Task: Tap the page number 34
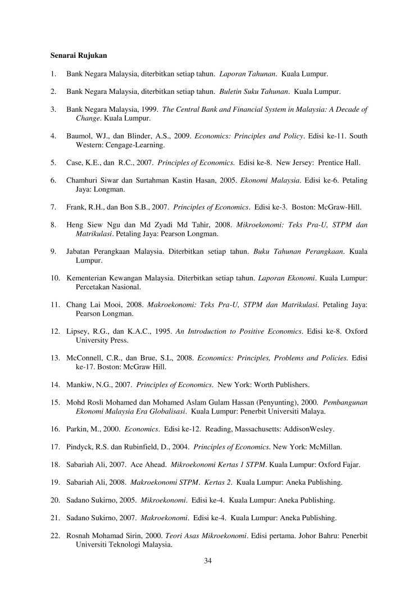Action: [x=208, y=560]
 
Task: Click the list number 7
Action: [x=53, y=207]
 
